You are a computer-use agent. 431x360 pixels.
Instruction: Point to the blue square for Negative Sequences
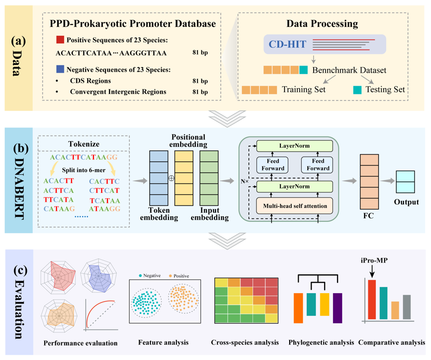click(60, 69)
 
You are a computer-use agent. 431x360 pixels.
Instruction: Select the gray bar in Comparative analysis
click(407, 307)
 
